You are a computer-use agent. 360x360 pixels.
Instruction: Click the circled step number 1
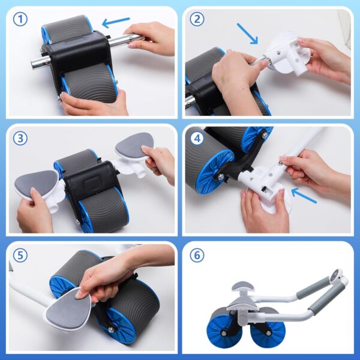click(22, 19)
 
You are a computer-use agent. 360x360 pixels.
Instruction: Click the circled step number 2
click(197, 19)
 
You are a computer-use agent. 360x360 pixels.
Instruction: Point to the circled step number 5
click(22, 255)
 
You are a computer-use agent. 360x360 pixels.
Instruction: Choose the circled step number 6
click(197, 255)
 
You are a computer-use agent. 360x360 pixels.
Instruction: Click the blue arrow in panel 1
click(116, 23)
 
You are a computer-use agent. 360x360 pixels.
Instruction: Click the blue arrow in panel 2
click(247, 34)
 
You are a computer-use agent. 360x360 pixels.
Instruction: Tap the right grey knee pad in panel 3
click(134, 146)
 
